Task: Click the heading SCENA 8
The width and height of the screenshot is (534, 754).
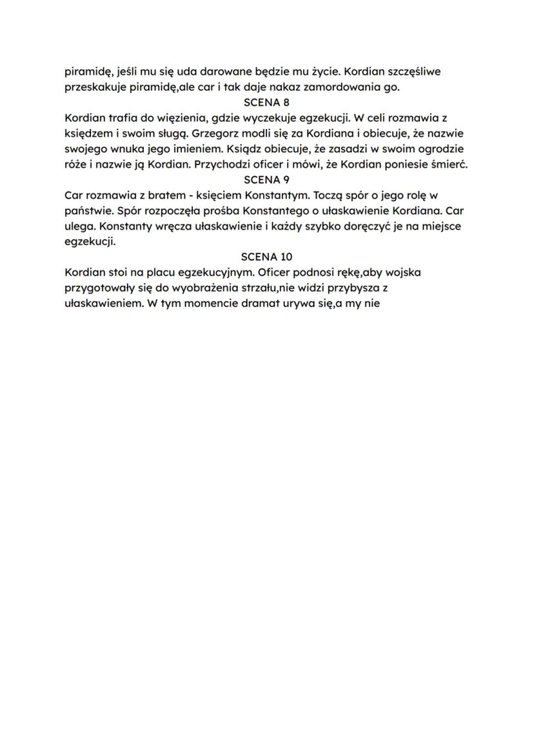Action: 266,102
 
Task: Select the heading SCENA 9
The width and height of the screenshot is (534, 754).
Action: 266,179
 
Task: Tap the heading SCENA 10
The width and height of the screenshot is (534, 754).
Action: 266,257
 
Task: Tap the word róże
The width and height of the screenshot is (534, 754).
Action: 77,164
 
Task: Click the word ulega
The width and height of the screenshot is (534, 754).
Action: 79,226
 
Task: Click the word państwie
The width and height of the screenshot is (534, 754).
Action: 89,210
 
